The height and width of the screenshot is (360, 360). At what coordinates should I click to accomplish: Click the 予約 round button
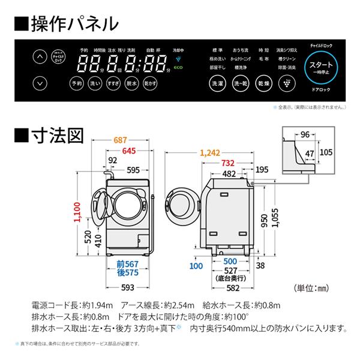click(x=76, y=84)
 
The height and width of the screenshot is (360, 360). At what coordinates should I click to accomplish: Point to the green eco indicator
click(x=178, y=71)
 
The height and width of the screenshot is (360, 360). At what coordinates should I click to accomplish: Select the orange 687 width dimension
click(x=122, y=140)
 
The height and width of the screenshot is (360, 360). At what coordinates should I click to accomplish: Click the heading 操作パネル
click(x=65, y=23)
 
